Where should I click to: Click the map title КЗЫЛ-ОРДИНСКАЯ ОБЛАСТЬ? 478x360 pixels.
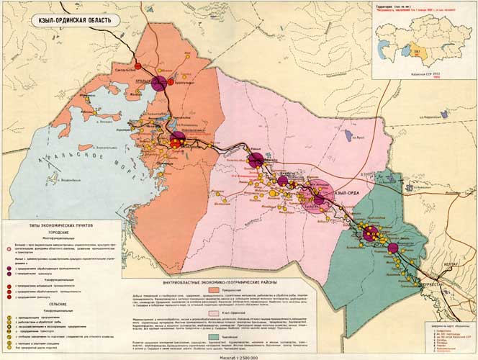point(70,19)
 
